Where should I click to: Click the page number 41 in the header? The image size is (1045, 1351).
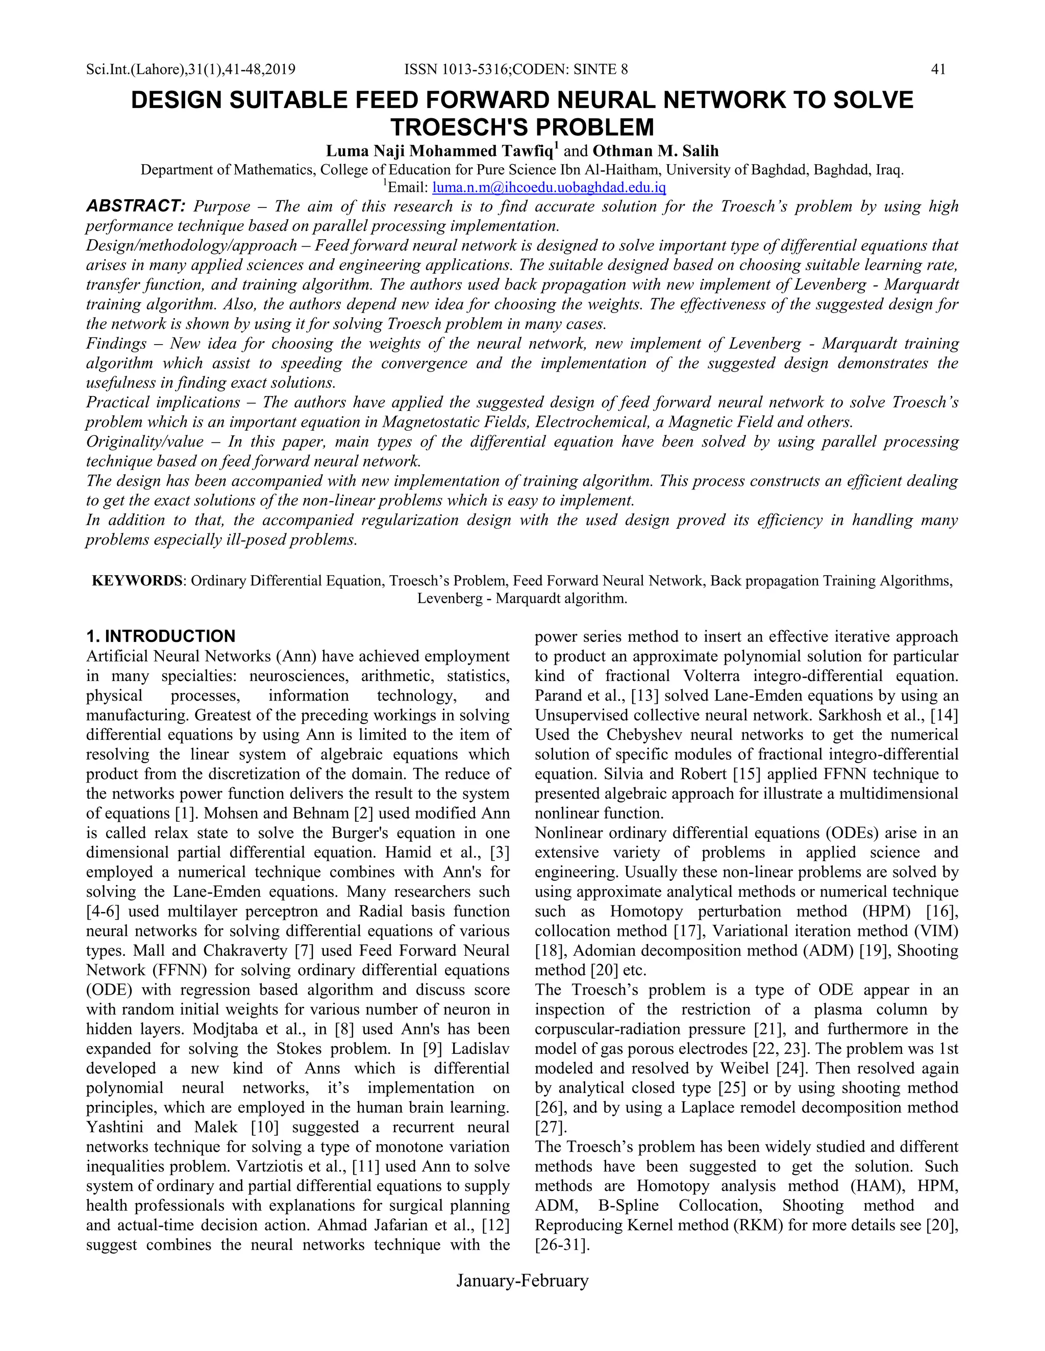(x=938, y=69)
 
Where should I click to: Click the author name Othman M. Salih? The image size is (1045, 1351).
(x=656, y=151)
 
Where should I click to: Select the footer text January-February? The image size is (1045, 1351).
(x=522, y=1280)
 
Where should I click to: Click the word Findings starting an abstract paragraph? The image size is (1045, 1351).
(x=116, y=343)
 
